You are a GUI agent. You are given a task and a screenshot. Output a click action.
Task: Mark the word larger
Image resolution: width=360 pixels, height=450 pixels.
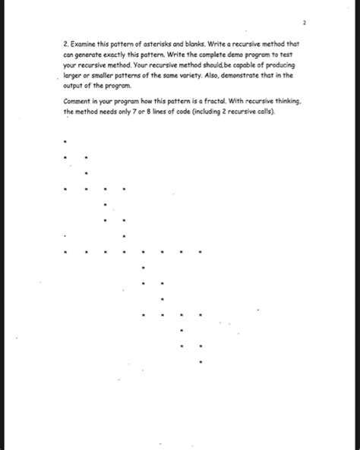tap(75, 75)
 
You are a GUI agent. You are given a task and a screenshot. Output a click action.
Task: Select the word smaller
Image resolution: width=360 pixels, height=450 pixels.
tap(106, 75)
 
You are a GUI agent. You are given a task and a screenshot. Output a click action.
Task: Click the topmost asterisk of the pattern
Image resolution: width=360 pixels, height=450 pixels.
tap(67, 141)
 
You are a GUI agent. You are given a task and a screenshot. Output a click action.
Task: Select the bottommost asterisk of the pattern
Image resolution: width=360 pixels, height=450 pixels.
tap(200, 362)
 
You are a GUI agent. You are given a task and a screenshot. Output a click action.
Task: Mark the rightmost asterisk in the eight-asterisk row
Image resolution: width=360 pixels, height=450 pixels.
tap(200, 251)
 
